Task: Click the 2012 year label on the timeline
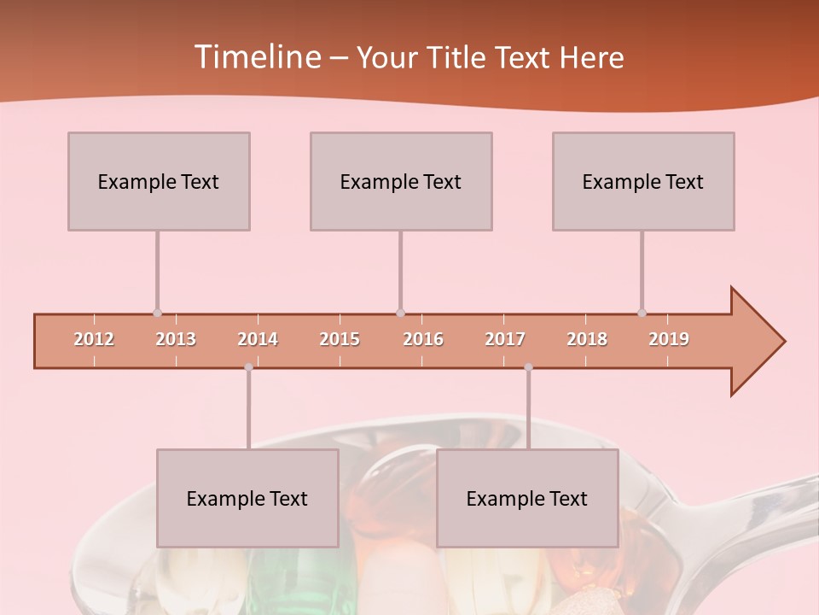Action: [94, 339]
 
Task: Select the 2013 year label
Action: [176, 339]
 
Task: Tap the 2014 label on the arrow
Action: [258, 339]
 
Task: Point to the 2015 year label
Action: [340, 339]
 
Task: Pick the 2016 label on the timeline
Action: [423, 339]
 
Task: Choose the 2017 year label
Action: [505, 339]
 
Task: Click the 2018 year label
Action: [587, 339]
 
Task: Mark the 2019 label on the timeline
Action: [669, 339]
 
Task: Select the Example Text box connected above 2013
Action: [159, 181]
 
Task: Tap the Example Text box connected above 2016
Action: [401, 181]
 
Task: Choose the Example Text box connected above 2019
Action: [643, 181]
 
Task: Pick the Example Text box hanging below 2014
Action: [247, 498]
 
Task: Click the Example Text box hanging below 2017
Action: [527, 498]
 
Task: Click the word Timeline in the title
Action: [256, 57]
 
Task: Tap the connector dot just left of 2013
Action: [157, 313]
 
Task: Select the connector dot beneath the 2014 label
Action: [248, 367]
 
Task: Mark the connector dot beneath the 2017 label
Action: [528, 367]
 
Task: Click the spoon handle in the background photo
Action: [751, 504]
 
